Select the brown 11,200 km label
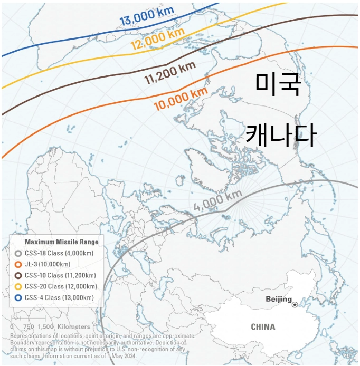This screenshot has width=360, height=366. [x=170, y=74]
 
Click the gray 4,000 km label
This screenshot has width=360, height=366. [x=217, y=200]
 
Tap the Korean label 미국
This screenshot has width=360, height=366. [x=277, y=85]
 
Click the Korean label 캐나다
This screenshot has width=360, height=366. [x=280, y=134]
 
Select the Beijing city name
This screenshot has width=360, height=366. [x=278, y=300]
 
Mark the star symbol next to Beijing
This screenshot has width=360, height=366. [x=295, y=304]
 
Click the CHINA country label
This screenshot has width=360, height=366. [x=262, y=327]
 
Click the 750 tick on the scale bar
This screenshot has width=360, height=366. [x=29, y=327]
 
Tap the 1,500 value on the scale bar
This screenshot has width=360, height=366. [x=46, y=327]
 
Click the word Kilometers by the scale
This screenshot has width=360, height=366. [x=74, y=327]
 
